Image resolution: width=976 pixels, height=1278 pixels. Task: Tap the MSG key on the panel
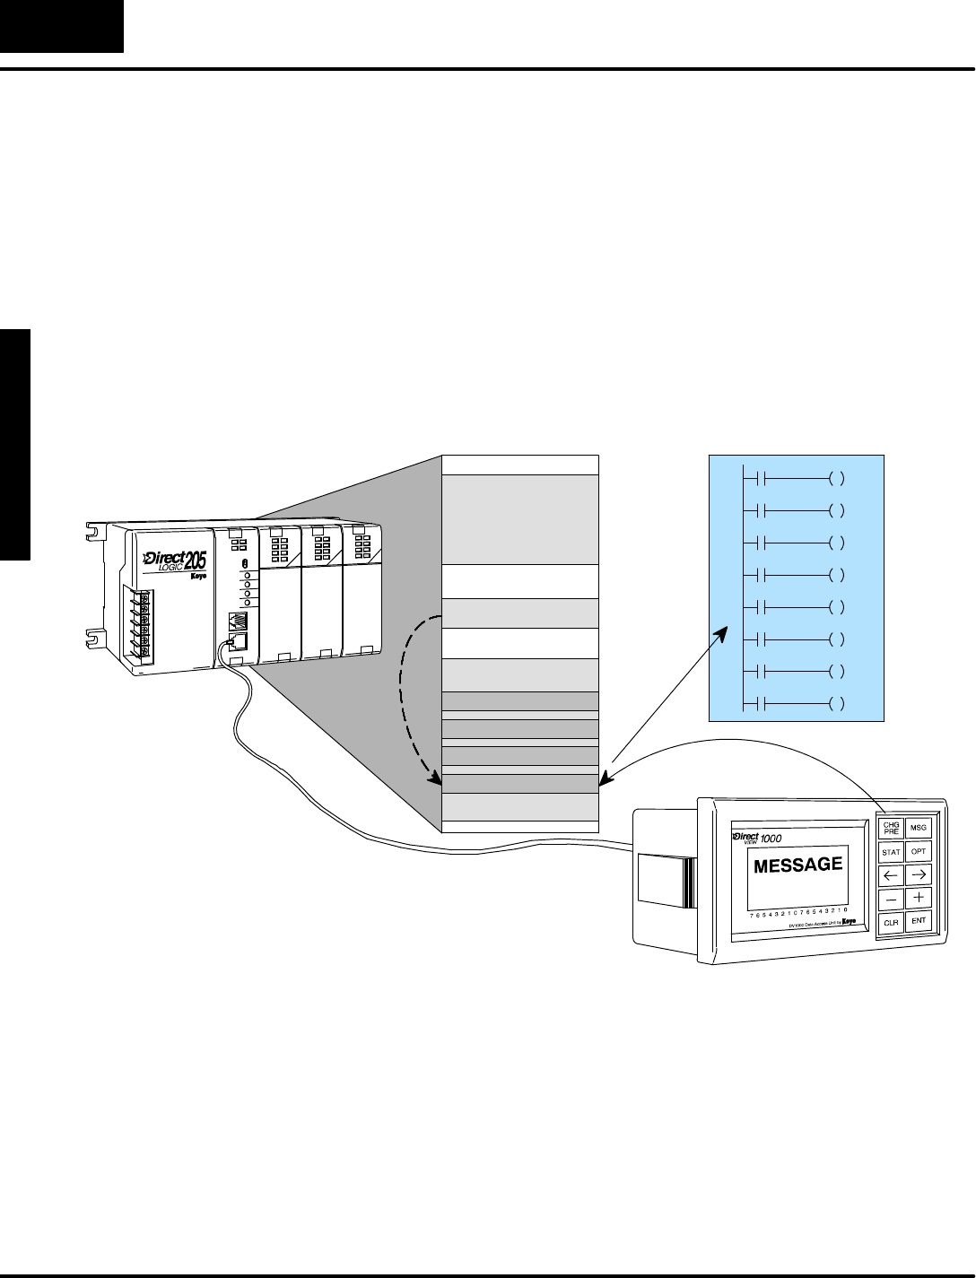918,828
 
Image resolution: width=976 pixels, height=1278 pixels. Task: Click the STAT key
891,852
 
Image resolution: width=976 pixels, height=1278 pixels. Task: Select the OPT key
919,851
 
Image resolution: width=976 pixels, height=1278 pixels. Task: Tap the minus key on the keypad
891,898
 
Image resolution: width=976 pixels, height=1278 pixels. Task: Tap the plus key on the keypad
919,897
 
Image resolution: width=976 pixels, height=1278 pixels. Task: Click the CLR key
891,922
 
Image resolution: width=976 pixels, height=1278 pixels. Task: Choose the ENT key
919,920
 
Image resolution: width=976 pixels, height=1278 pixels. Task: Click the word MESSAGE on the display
798,865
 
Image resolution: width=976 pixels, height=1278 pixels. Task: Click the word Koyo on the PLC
197,577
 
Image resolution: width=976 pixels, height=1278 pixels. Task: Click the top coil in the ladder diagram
836,479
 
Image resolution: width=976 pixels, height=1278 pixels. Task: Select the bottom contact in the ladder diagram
758,704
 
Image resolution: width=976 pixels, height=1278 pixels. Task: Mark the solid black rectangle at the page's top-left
61,26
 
